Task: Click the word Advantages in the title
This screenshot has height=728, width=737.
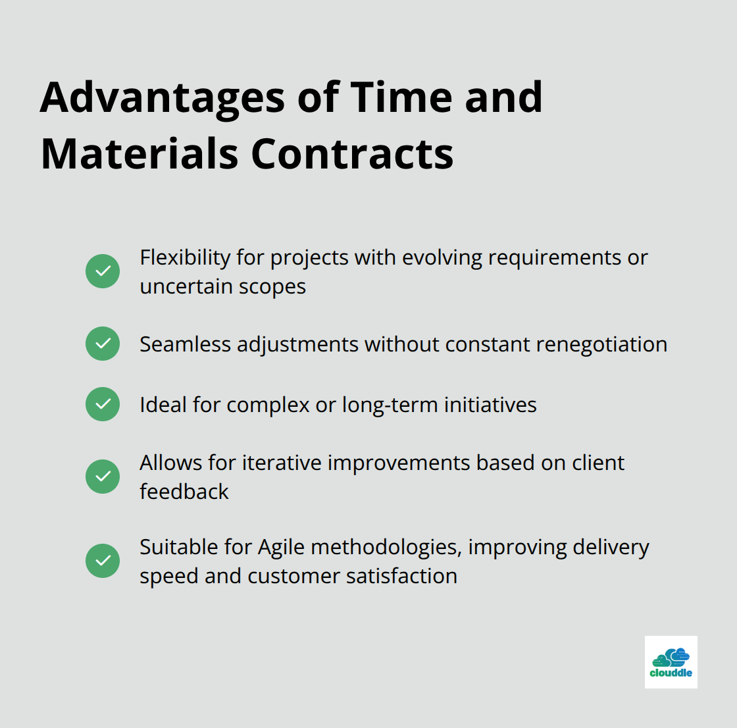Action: tap(163, 98)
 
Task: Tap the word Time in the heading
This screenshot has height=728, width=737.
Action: tap(401, 97)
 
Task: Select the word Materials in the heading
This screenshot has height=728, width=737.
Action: tap(140, 154)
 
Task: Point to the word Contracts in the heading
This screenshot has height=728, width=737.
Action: tap(353, 154)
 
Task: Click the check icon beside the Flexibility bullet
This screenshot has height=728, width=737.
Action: tap(103, 271)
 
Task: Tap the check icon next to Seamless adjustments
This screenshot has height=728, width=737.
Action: tap(103, 344)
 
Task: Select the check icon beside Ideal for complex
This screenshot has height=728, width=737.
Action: tap(103, 404)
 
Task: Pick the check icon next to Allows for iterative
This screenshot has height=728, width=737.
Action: tap(103, 477)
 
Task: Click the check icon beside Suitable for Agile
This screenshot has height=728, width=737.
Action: tap(103, 561)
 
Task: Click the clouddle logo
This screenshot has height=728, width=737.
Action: tap(671, 662)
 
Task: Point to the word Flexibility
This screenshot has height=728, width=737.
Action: tap(185, 258)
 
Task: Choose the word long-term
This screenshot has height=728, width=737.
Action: tap(390, 405)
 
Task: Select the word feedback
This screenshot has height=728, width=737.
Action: tap(184, 492)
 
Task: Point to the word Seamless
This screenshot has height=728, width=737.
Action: tap(185, 344)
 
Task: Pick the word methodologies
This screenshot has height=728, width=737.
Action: tap(386, 548)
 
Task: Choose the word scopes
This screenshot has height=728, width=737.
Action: tap(272, 288)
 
